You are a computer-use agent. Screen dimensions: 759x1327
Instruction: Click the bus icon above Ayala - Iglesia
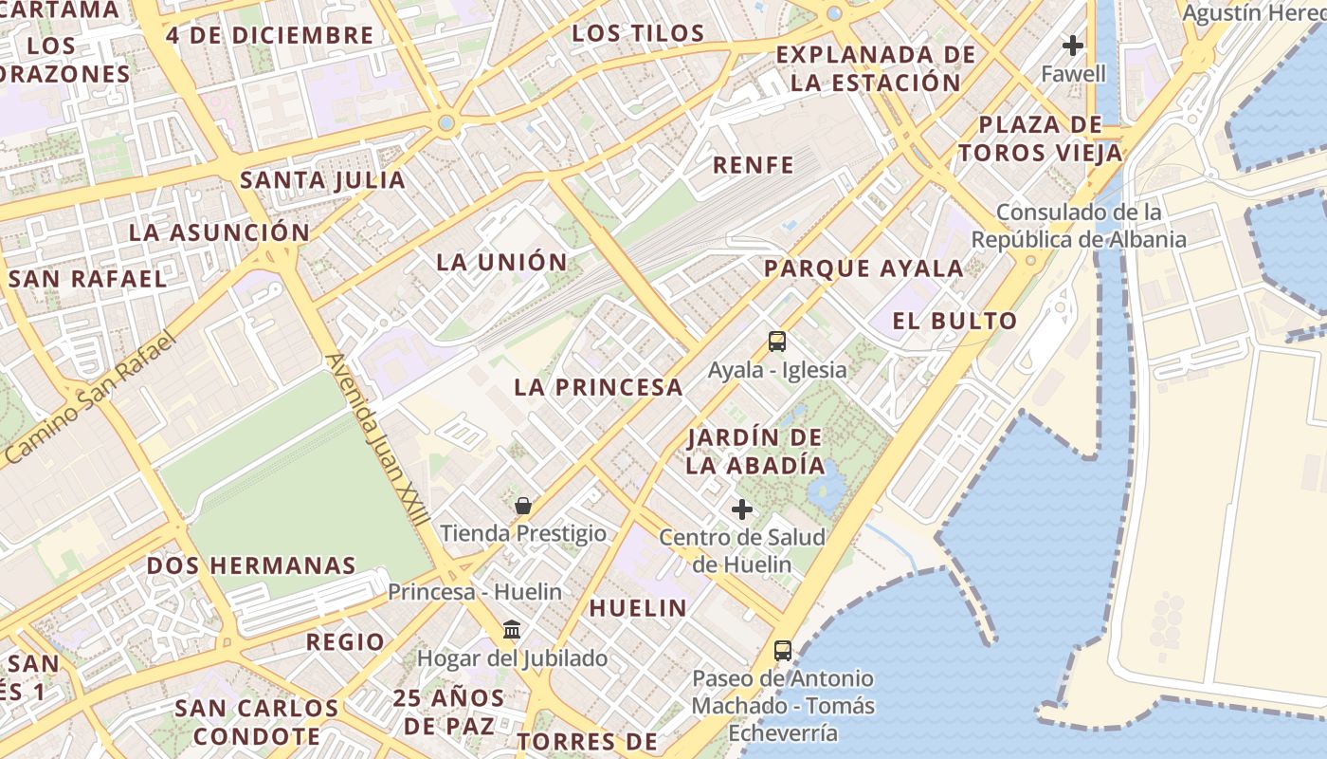[777, 342]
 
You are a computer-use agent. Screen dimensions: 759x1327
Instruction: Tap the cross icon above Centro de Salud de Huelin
[742, 509]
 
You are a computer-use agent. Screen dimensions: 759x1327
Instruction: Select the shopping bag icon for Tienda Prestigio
[522, 506]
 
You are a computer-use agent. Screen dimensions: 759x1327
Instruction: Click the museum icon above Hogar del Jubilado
[512, 629]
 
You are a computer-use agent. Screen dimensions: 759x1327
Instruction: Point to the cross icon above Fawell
[1073, 46]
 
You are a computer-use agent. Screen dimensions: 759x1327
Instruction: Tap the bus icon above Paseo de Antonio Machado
[783, 651]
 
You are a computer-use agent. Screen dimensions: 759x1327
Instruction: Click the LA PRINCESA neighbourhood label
[598, 387]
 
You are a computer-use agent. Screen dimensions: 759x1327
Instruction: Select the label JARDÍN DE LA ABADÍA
[754, 452]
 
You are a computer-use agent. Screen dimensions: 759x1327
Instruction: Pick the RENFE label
[754, 165]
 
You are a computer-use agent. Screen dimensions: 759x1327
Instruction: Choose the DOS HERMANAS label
[251, 566]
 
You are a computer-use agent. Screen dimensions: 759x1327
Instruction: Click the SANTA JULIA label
[322, 180]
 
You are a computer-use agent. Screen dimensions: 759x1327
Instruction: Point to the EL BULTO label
[954, 321]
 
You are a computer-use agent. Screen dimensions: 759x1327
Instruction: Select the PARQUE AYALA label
[863, 268]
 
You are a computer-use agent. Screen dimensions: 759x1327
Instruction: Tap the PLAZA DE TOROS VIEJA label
[1040, 139]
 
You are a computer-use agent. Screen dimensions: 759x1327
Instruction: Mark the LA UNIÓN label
[501, 263]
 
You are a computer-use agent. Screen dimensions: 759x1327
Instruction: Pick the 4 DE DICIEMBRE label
[269, 36]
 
